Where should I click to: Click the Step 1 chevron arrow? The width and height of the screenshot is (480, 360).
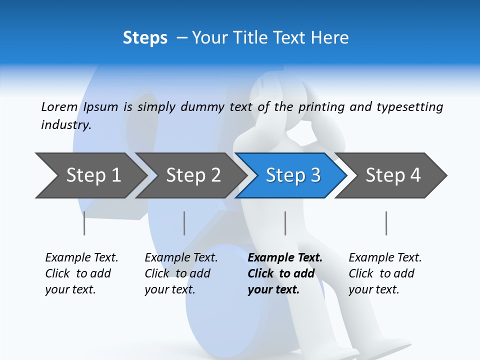[90, 175]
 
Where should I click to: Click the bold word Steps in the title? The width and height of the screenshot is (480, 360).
[145, 38]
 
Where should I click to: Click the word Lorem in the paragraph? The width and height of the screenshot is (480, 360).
[59, 107]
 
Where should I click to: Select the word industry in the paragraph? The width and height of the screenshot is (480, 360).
[66, 125]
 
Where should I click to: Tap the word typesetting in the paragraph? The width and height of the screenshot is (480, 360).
[409, 107]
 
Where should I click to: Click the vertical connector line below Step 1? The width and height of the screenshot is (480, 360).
[84, 223]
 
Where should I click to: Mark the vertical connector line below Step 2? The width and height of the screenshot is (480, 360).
[184, 223]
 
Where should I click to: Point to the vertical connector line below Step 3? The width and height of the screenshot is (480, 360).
[285, 223]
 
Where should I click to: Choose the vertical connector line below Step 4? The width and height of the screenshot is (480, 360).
[386, 223]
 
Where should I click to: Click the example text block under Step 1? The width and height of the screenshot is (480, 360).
[81, 273]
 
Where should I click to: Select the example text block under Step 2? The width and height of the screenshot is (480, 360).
[181, 273]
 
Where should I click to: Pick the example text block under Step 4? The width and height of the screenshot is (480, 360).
[385, 273]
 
